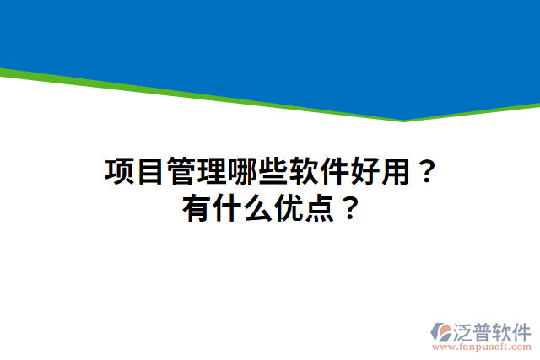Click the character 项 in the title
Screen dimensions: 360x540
click(x=120, y=171)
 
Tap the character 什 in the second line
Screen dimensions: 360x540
click(x=228, y=207)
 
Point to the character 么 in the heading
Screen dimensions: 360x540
click(x=259, y=207)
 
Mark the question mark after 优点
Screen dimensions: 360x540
click(x=350, y=207)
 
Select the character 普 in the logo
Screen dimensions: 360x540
click(x=489, y=330)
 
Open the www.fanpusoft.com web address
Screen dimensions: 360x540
click(x=482, y=347)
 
